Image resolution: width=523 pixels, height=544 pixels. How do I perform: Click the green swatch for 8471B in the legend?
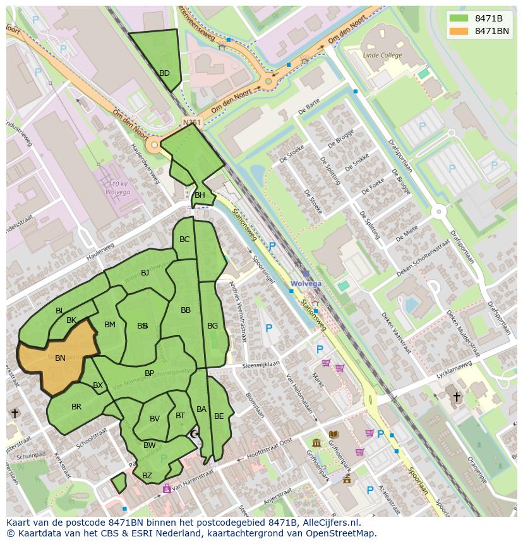(x=459, y=18)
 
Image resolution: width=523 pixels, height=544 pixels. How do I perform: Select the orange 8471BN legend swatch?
(x=459, y=31)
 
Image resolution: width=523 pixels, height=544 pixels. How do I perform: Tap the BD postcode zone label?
(x=164, y=73)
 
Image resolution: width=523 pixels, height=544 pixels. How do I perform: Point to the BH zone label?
(x=200, y=195)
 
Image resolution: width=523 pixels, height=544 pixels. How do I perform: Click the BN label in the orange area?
(x=60, y=358)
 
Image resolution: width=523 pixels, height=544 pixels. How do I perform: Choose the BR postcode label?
(x=76, y=407)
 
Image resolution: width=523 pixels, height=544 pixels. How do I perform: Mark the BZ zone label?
(x=147, y=476)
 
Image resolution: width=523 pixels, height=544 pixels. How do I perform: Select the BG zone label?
(x=212, y=326)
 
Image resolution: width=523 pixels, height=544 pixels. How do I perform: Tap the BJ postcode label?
(x=145, y=273)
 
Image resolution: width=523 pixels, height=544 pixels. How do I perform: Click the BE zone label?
(x=219, y=416)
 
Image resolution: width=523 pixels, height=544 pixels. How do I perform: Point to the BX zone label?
(x=98, y=385)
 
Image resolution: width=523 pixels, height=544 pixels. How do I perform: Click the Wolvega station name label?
(x=306, y=284)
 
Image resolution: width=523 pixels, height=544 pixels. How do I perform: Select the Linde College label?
(x=382, y=56)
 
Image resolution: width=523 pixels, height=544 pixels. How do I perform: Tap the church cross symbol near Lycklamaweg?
(x=457, y=397)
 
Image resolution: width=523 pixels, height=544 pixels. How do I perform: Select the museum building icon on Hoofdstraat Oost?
(x=316, y=442)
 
